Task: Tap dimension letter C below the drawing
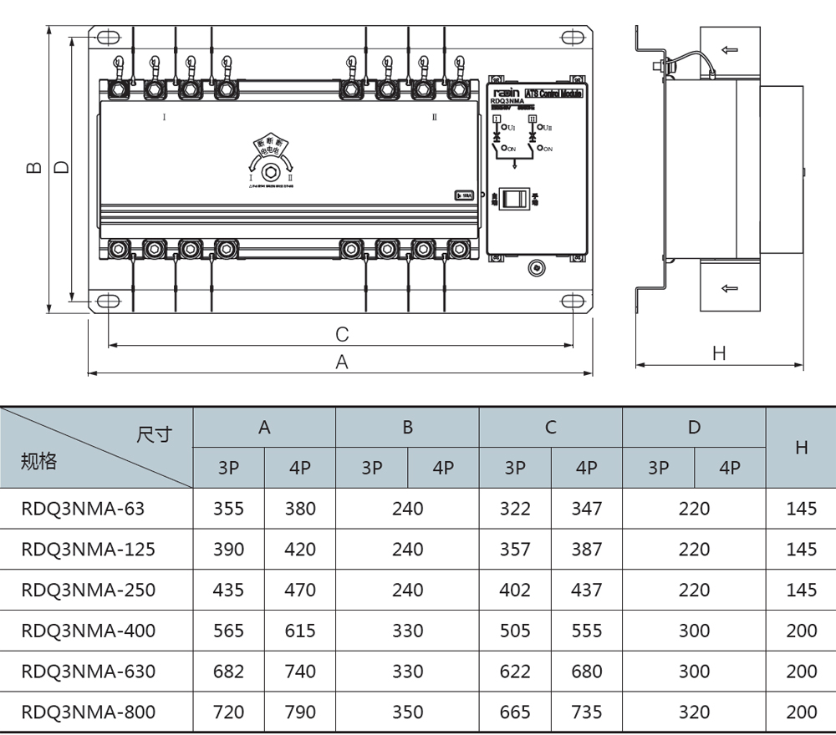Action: point(341,335)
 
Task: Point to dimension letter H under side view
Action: point(719,354)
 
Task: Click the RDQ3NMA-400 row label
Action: point(88,631)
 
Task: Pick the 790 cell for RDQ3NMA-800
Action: point(300,712)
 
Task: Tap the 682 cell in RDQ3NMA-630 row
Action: point(228,672)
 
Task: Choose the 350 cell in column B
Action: point(407,712)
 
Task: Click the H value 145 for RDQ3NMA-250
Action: point(801,590)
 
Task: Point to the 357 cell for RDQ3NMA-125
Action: point(514,549)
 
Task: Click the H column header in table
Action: point(801,448)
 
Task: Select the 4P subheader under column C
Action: point(586,468)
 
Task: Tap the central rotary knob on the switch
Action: point(270,173)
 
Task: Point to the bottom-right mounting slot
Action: point(572,302)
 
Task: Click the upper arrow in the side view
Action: point(730,50)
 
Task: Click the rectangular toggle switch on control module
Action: point(517,198)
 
